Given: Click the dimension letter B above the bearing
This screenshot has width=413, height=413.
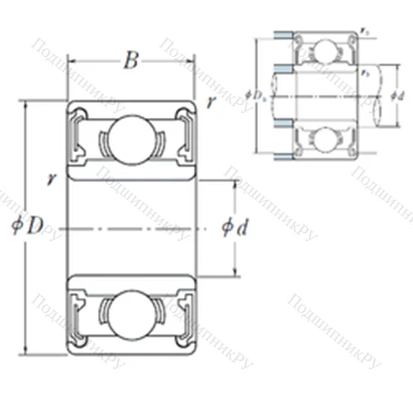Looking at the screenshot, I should coord(129,59).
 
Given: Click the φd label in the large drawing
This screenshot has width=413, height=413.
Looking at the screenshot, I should coord(235,227).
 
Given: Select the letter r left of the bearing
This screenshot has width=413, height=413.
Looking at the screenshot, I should coord(51,176).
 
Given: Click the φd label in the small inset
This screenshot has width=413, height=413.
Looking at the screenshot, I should coord(396,96).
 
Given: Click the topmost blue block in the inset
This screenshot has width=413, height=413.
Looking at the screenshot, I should coord(283,36).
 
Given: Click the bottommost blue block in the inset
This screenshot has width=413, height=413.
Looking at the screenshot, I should coord(283,155).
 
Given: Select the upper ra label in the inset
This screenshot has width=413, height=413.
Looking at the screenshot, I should coord(364,31).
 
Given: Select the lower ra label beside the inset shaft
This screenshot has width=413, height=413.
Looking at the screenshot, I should coord(364,73).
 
